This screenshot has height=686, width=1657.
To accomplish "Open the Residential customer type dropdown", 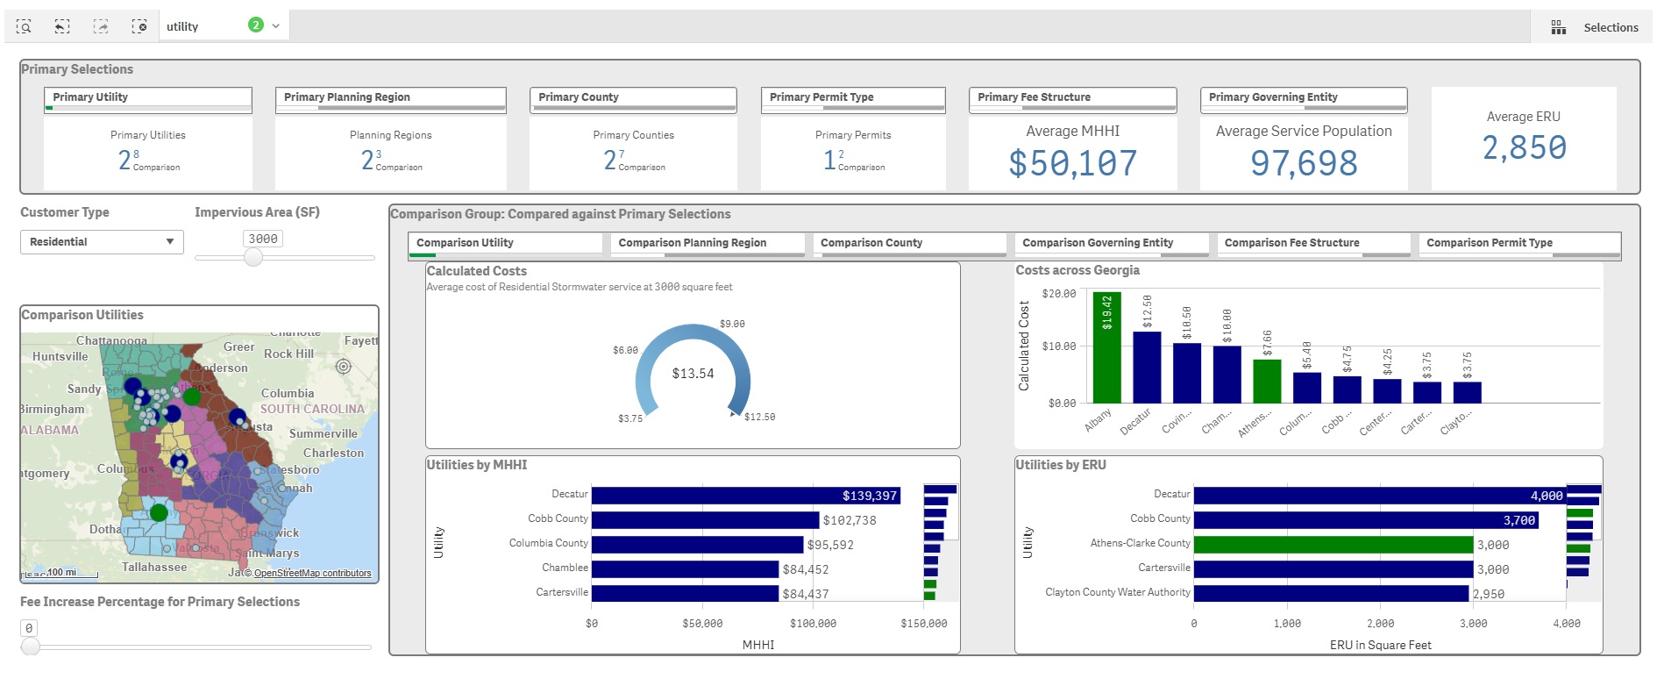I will [102, 242].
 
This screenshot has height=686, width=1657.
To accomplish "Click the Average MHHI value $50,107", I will [1072, 163].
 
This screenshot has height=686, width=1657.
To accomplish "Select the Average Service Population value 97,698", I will [1304, 163].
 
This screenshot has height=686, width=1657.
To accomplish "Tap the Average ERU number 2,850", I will [1524, 147].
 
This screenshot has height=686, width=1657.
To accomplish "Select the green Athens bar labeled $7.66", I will [1267, 381].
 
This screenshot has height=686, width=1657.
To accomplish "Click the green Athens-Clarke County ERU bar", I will [1333, 545].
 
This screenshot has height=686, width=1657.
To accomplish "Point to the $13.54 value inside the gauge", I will [693, 374].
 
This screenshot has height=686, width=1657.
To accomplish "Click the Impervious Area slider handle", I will [253, 257].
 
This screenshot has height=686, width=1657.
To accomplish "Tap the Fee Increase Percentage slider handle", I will [31, 647].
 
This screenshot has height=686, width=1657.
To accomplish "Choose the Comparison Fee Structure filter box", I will [1312, 243].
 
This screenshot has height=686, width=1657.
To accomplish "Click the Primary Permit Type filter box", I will [852, 97].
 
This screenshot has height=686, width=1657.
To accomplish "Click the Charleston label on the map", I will [333, 453].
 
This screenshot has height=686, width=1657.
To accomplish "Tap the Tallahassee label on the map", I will [153, 567].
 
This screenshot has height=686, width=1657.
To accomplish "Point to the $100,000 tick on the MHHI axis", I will [813, 624].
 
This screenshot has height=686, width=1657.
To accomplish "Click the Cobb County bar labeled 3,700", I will [1366, 520].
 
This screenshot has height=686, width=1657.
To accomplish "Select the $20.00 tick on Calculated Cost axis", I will [1058, 294].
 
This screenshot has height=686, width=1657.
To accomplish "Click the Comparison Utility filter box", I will [505, 243].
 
